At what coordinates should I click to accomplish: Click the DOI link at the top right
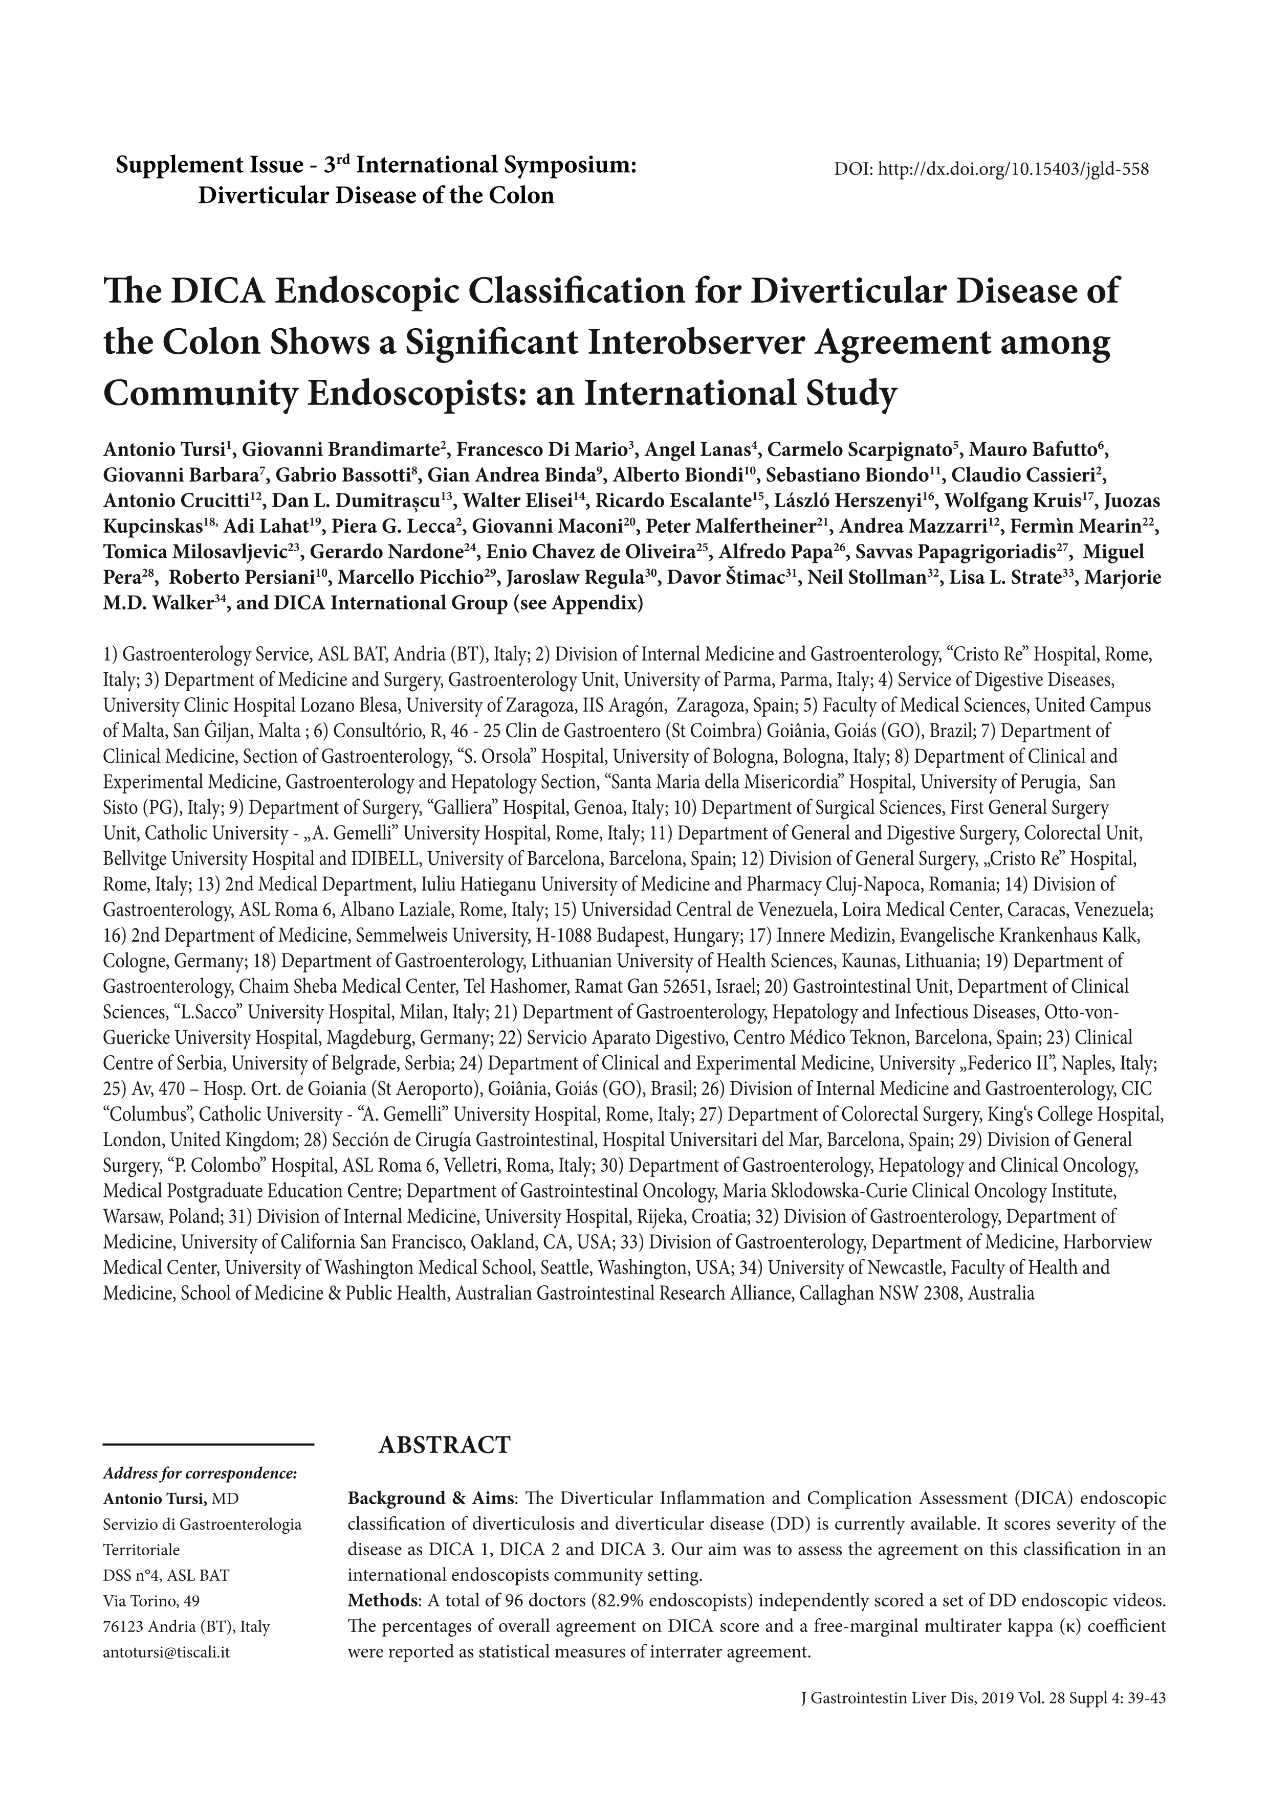pos(991,169)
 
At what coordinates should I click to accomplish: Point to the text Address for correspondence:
pos(200,1473)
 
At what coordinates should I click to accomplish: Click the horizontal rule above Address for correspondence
pos(209,1445)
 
